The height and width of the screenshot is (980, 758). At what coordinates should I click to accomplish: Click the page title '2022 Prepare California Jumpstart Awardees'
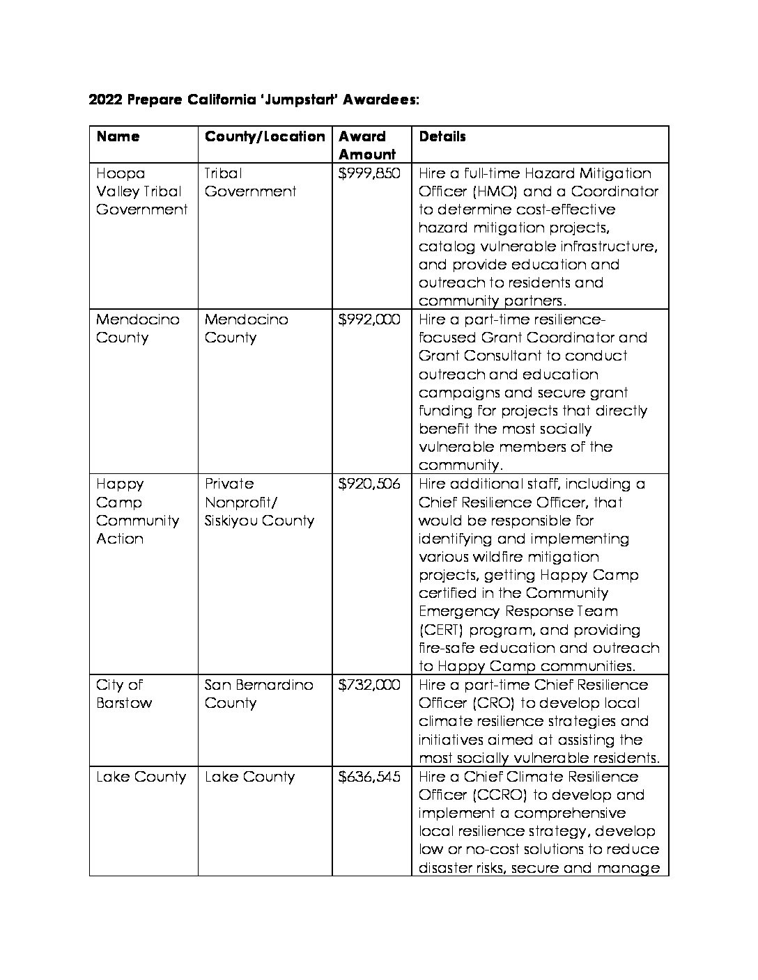[254, 100]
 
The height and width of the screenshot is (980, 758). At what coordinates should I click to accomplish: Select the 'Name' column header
[118, 136]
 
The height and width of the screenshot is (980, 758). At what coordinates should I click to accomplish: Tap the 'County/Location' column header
[265, 136]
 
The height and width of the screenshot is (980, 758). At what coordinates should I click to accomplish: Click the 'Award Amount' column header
[366, 145]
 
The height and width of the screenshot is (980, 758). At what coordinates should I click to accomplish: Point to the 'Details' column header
[442, 136]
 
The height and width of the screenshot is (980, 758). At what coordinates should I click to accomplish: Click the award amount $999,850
[369, 173]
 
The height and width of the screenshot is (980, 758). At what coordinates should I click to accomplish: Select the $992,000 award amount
[369, 319]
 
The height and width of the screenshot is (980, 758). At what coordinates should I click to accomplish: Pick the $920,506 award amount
[369, 484]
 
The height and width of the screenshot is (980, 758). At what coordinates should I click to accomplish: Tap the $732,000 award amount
[369, 685]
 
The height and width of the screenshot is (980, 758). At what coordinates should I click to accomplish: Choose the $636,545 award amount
[369, 777]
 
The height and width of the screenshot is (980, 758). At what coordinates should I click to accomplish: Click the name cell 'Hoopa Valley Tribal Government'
[141, 191]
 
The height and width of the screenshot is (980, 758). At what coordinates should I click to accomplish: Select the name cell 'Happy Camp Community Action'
[137, 512]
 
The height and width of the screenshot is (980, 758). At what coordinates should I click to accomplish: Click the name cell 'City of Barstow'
[124, 694]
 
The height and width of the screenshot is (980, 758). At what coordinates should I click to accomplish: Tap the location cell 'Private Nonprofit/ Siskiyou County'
[259, 503]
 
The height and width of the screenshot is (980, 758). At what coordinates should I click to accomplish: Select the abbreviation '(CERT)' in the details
[442, 631]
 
